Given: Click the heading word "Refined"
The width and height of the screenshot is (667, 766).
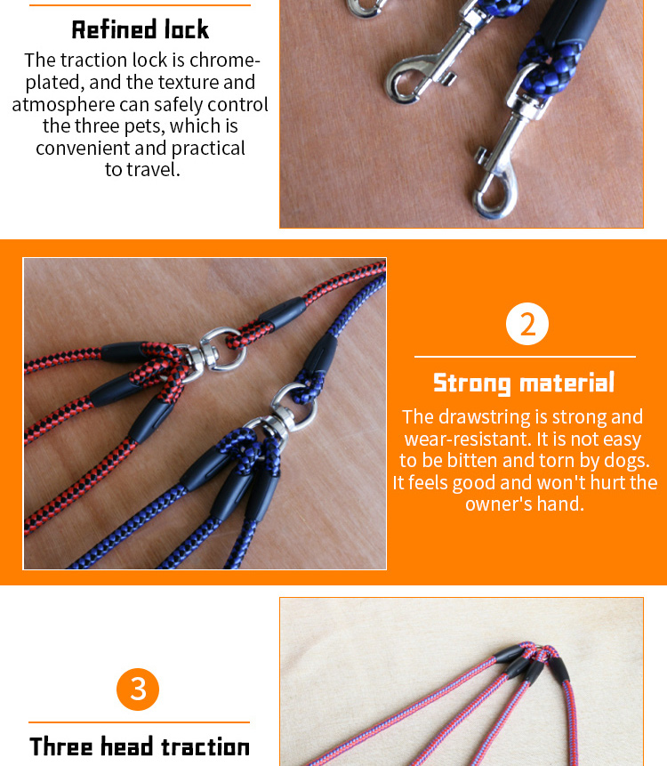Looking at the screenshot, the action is coord(114,29).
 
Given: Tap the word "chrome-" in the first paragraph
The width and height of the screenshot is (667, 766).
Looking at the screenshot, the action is coord(225,60).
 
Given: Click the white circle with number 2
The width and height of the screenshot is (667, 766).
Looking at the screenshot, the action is coord(527,324).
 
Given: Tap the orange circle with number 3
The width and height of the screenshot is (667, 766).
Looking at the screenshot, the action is coord(138,689).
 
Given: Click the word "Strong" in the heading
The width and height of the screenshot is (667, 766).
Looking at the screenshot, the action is coord(471,383).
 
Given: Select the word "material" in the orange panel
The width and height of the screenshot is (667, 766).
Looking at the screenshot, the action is coord(567,383).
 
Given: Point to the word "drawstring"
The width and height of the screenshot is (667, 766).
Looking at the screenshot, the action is coord(485,417).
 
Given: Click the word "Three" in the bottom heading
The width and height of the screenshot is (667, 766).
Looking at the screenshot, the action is coord(61,746).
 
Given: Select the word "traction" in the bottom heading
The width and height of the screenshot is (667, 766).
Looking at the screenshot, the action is coord(205,747).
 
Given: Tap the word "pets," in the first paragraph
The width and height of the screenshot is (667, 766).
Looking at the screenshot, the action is coord(144,126).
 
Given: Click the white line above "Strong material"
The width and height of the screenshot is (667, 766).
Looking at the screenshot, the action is coord(525,357).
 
